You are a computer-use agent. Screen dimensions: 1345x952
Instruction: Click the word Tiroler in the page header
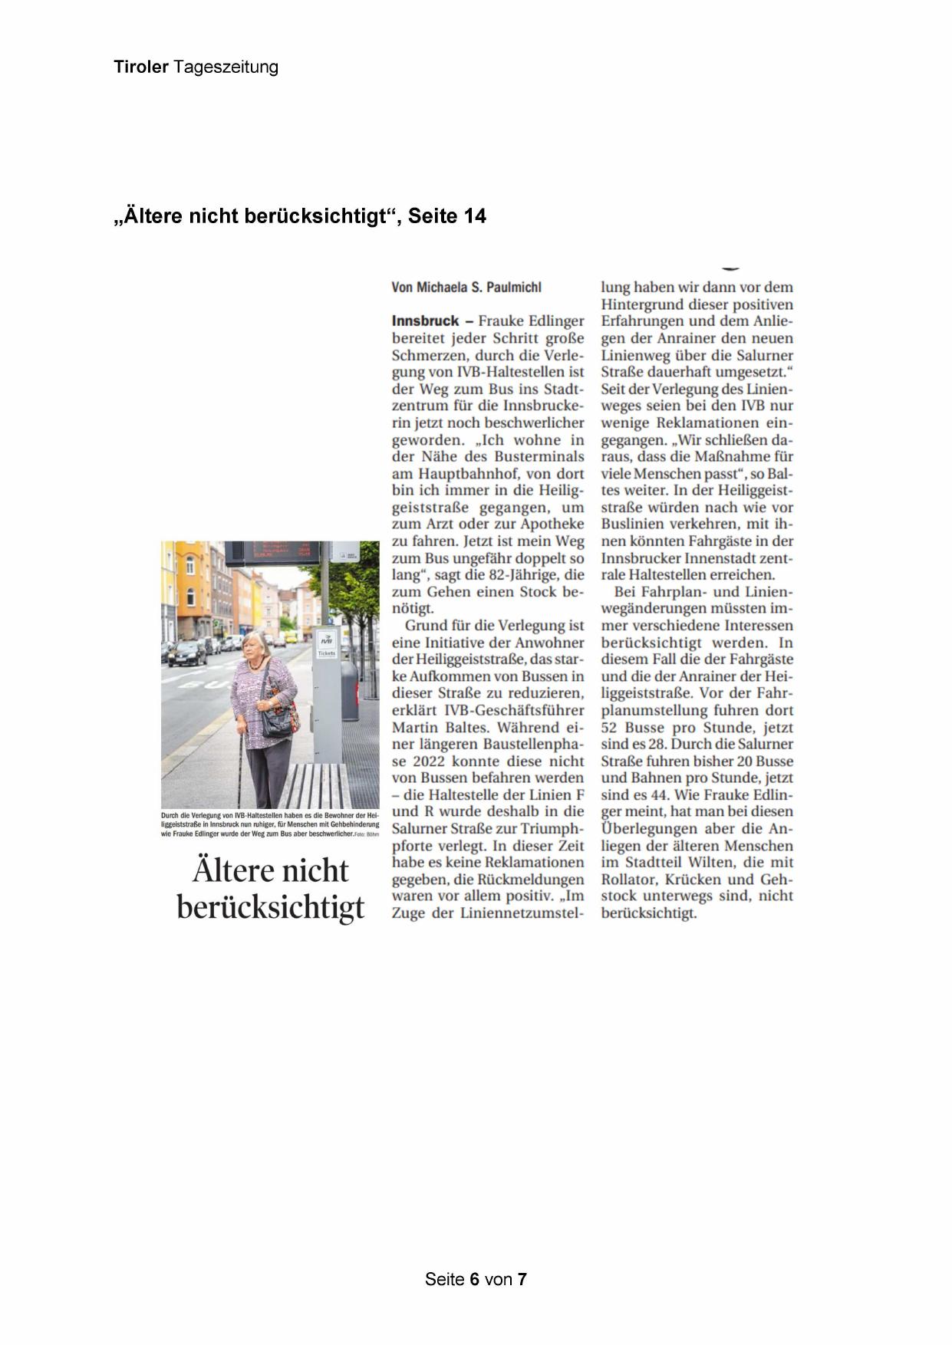pos(141,67)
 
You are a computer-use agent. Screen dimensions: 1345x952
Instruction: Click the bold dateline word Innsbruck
pos(425,321)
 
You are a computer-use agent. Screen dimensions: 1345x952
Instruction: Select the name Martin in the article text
pos(416,728)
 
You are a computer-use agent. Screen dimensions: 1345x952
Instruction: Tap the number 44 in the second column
pos(659,795)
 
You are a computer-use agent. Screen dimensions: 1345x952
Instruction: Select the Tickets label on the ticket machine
pos(327,653)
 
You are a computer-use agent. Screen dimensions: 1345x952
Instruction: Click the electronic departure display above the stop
pos(272,552)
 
